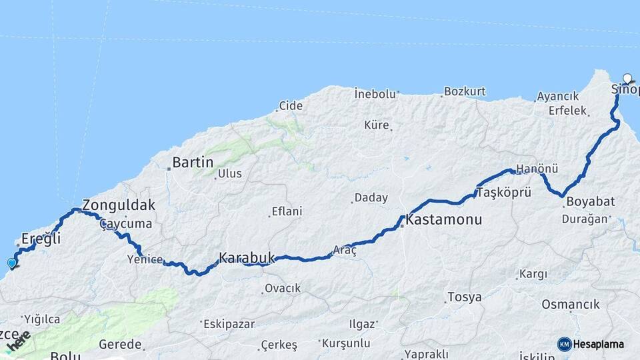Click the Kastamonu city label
point(443,219)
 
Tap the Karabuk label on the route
point(247,257)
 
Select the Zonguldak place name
point(119,205)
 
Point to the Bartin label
point(193,162)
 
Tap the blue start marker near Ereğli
point(12,263)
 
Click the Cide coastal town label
point(291,105)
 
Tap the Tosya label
point(465,297)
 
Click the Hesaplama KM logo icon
point(564,344)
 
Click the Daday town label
point(371,198)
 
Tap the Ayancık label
point(558,97)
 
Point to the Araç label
point(345,250)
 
